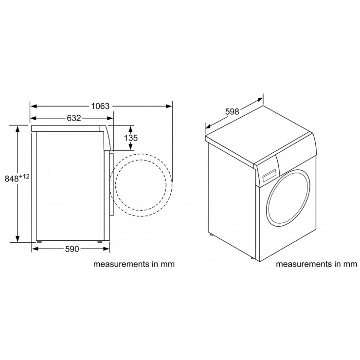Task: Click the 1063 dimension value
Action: point(100,106)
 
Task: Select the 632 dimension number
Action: point(74,118)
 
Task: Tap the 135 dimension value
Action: point(131,138)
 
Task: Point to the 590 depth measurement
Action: point(72,249)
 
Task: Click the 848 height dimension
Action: point(12,179)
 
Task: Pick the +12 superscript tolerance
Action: point(24,176)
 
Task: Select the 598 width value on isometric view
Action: point(232,111)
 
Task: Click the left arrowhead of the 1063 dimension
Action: point(34,106)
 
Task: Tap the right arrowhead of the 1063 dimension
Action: point(169,106)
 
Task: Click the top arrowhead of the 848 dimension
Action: point(17,128)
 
